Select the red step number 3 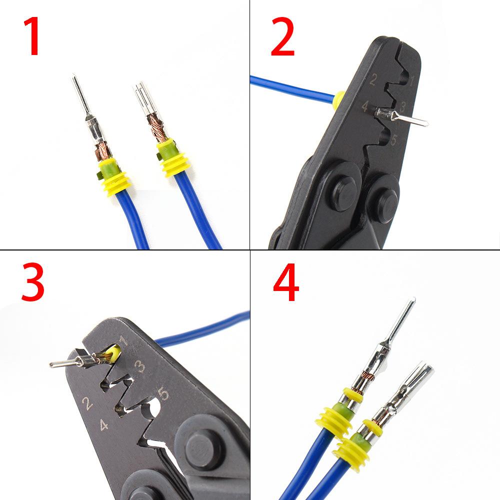pyautogui.click(x=33, y=284)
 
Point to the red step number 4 pyautogui.click(x=286, y=284)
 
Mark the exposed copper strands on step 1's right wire pyautogui.click(x=157, y=127)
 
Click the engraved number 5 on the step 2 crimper pyautogui.click(x=393, y=140)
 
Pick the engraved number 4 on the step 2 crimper pyautogui.click(x=365, y=106)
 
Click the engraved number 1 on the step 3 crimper pyautogui.click(x=123, y=343)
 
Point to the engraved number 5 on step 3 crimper pyautogui.click(x=163, y=394)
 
